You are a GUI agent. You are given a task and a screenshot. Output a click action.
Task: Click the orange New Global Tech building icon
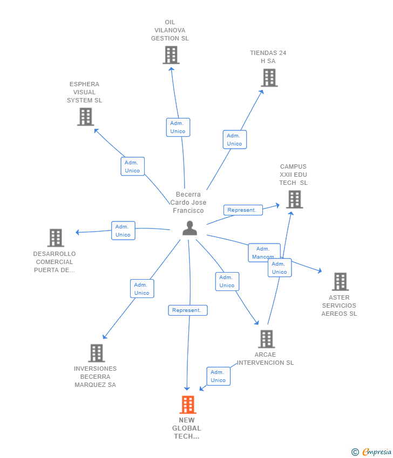[x=187, y=404]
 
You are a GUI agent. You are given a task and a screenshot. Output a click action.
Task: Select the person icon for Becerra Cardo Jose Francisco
[x=189, y=228]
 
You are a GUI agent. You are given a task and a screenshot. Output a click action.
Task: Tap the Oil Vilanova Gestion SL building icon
[x=171, y=55]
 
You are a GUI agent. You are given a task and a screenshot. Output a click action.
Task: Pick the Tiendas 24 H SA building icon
[x=269, y=78]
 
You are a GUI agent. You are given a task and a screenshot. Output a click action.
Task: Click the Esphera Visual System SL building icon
[x=85, y=116]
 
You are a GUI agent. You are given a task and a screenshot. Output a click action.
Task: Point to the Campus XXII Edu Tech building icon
[x=294, y=199]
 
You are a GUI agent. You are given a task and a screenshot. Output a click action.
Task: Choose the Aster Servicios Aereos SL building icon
[x=340, y=281]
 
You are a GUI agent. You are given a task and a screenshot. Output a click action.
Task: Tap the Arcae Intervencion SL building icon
[x=266, y=339]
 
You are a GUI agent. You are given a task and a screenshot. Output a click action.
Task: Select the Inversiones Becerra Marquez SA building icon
[x=96, y=353]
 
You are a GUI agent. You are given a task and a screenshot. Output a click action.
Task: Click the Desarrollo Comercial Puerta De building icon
[x=55, y=238]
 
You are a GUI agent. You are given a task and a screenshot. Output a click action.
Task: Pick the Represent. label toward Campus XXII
[x=243, y=210]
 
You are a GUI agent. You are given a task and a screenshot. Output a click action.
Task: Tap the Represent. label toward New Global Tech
[x=188, y=310]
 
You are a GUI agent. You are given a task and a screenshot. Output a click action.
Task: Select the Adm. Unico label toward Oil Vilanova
[x=178, y=127]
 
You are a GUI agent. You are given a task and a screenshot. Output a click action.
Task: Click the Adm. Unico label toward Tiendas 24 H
[x=234, y=140]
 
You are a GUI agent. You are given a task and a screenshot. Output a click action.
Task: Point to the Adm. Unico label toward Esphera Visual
[x=132, y=166]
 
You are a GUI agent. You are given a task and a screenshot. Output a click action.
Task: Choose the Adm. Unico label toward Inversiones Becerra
[x=142, y=289]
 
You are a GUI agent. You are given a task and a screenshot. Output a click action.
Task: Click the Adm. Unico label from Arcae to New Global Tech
[x=218, y=376]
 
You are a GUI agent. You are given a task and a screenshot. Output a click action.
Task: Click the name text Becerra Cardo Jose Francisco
[x=188, y=203]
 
